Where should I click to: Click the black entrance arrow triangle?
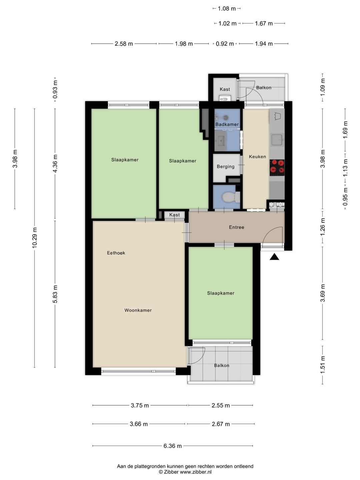coord(274,257)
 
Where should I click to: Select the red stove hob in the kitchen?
coord(277,168)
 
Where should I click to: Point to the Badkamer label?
coord(227,124)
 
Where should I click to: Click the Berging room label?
coord(226,167)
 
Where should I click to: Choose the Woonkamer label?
coord(138,310)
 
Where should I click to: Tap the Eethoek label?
coord(116,253)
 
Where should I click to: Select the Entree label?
coord(237,227)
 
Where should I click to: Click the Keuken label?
coord(257,157)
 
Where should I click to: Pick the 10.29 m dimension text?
coord(35,238)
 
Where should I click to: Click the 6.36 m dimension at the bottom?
coord(172,446)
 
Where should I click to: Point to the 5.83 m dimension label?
coord(55,294)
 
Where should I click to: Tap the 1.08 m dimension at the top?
coord(227,9)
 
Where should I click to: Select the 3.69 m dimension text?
coord(323,293)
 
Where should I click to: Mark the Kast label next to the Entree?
coord(174,215)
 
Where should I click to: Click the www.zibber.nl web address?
coord(196,472)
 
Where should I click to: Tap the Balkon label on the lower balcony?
coord(222,365)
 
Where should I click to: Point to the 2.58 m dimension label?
coord(124,44)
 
